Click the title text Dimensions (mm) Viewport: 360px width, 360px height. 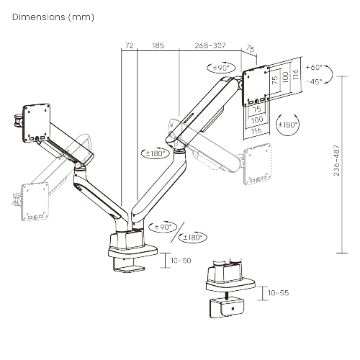(53, 17)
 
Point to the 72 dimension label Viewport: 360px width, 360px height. (129, 45)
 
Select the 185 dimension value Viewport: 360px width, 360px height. (158, 45)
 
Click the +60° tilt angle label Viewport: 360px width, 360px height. (314, 67)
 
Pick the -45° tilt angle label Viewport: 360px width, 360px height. (314, 81)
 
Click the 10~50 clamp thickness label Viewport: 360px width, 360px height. (181, 260)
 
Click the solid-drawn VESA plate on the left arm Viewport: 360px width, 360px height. (37, 119)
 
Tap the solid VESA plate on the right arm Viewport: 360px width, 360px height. (258, 82)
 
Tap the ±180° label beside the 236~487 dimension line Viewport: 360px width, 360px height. (289, 124)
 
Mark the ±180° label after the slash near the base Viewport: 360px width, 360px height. (193, 238)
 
